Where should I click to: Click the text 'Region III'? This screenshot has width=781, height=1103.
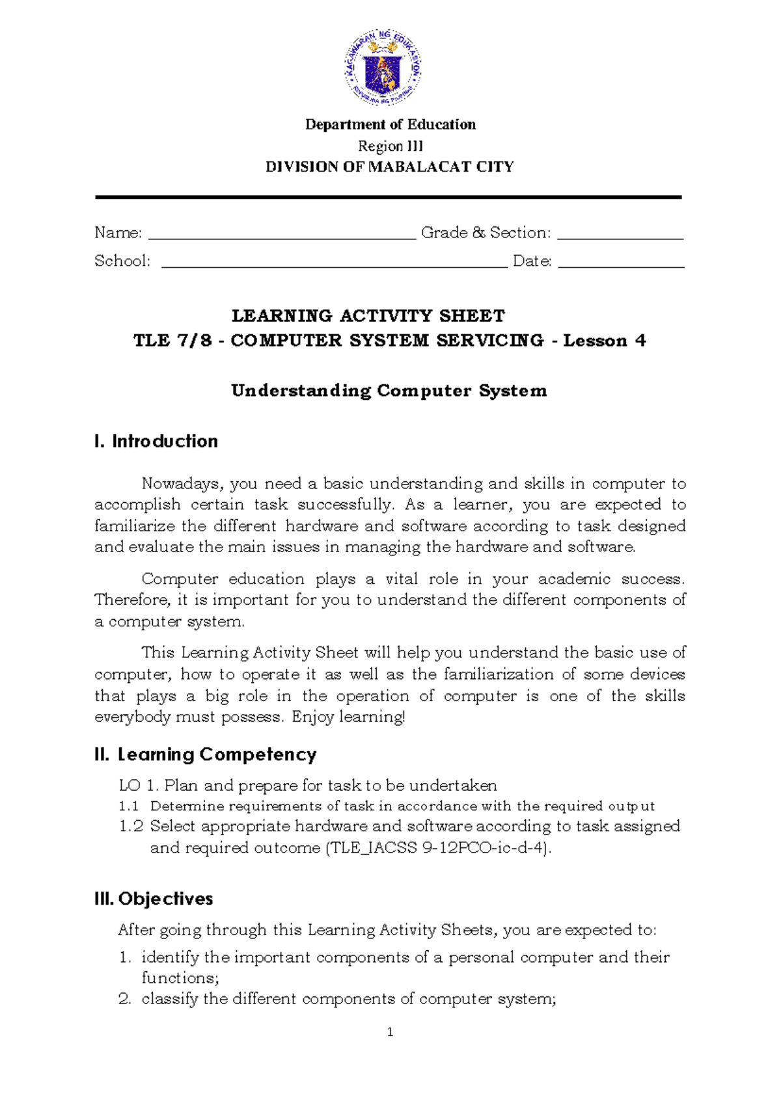390,146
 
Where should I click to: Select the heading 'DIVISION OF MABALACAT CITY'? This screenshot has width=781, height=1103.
389,167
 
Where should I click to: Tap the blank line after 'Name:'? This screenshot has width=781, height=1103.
282,235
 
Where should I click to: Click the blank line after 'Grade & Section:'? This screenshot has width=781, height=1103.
620,235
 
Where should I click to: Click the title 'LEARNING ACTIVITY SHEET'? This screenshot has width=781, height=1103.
368,316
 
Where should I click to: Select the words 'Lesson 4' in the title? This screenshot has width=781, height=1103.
604,341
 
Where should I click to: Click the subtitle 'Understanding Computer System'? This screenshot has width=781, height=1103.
389,391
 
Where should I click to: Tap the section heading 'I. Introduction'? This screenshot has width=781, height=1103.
156,442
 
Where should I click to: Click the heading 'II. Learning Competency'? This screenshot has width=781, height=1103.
205,754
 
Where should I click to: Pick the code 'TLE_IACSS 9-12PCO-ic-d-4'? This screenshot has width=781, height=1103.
437,848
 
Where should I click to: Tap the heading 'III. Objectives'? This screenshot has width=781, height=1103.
154,899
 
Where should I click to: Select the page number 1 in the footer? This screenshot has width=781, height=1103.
390,1032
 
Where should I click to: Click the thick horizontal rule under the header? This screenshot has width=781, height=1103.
388,196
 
